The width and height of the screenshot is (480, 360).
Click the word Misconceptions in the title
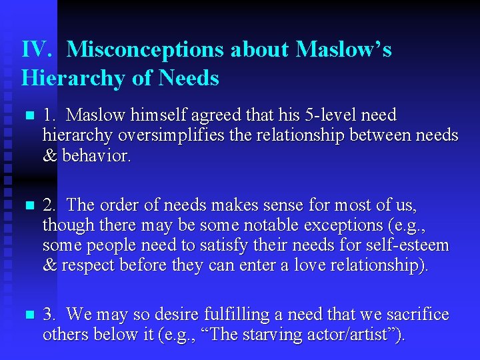pos(177,49)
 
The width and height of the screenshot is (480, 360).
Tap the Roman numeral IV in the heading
pos(33,49)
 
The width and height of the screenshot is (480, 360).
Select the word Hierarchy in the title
pos(73,79)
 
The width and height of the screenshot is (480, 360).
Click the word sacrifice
pos(415,314)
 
